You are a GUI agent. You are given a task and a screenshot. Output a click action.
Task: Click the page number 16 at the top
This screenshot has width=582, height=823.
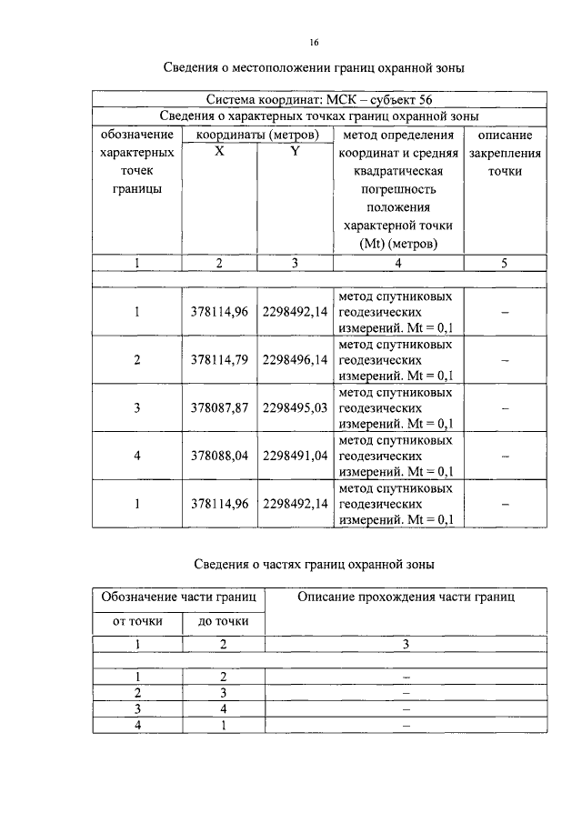point(314,42)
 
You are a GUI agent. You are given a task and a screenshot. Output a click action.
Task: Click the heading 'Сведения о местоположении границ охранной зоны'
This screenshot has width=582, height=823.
point(314,68)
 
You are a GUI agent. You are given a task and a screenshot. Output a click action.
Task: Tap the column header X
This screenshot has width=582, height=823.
point(220,152)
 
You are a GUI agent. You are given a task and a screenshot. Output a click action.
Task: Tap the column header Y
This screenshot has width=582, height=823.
point(294,152)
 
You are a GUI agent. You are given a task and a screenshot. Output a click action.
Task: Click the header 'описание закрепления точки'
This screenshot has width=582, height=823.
point(504,153)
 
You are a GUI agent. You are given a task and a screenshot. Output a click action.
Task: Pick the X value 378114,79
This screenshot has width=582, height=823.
point(220,360)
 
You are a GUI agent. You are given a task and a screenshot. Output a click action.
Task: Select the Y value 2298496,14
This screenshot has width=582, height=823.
point(294,360)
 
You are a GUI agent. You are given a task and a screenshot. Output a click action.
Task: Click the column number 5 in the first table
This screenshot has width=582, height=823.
point(504,263)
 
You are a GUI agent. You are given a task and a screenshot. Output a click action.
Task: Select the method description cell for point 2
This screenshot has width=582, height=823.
point(396,360)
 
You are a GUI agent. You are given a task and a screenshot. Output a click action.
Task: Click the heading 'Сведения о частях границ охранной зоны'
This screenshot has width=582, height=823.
point(314,565)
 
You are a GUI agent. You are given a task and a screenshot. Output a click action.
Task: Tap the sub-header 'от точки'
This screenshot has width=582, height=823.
point(137,622)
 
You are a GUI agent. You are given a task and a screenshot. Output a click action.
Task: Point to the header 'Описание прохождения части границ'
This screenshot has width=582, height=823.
point(406,597)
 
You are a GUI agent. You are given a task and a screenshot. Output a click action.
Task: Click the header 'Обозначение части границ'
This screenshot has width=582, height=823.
point(178,597)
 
